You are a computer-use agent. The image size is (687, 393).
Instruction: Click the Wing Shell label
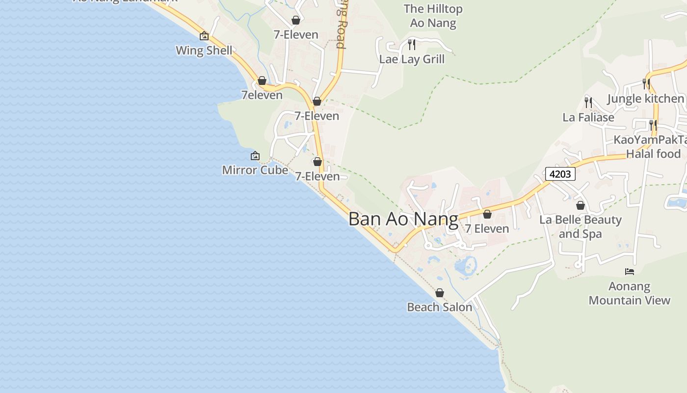[x=204, y=50]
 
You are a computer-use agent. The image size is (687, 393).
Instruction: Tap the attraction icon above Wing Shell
[x=204, y=36]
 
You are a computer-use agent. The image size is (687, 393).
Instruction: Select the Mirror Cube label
[x=255, y=170]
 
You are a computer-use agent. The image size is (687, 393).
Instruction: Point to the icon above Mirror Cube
[x=255, y=156]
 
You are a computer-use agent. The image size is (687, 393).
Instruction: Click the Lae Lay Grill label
[x=412, y=59]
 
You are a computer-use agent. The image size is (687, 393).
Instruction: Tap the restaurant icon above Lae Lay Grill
[x=412, y=45]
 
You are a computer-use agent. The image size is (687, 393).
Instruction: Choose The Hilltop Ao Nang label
[x=433, y=16]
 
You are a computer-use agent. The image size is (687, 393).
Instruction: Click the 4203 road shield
[x=560, y=174]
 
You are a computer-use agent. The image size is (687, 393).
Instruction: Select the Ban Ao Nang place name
[x=403, y=219]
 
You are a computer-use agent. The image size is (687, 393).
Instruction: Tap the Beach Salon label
[x=440, y=307]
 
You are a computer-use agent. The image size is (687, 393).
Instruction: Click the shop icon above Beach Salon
[x=440, y=293]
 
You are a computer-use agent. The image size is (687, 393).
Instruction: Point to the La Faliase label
[x=588, y=117]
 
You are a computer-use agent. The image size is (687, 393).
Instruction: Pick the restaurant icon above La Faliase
[x=588, y=103]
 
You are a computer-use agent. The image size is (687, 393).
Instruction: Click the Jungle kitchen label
[x=645, y=98]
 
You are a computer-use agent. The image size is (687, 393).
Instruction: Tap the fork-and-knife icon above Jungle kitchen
[x=646, y=84]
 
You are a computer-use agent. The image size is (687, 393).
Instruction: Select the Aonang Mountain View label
[x=629, y=293]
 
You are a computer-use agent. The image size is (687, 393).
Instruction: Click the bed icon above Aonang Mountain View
[x=630, y=271]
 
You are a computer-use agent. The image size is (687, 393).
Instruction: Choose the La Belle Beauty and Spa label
[x=580, y=226]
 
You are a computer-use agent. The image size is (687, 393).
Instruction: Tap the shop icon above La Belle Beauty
[x=581, y=205]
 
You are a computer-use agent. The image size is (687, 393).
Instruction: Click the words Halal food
[x=653, y=154]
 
